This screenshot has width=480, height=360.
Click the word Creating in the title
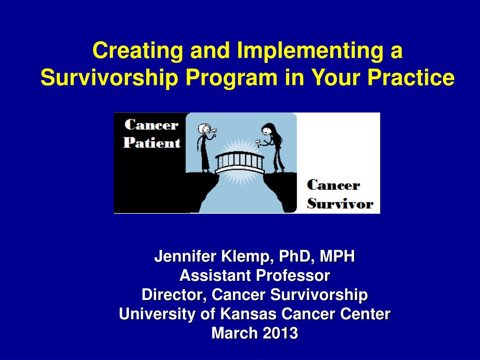(x=138, y=51)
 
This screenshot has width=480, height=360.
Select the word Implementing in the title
(x=310, y=51)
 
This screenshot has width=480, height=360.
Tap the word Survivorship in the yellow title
(x=109, y=78)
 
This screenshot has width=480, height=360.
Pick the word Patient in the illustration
(x=152, y=142)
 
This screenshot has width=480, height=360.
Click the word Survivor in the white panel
(x=340, y=204)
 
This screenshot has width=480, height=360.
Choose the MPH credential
(x=337, y=256)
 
